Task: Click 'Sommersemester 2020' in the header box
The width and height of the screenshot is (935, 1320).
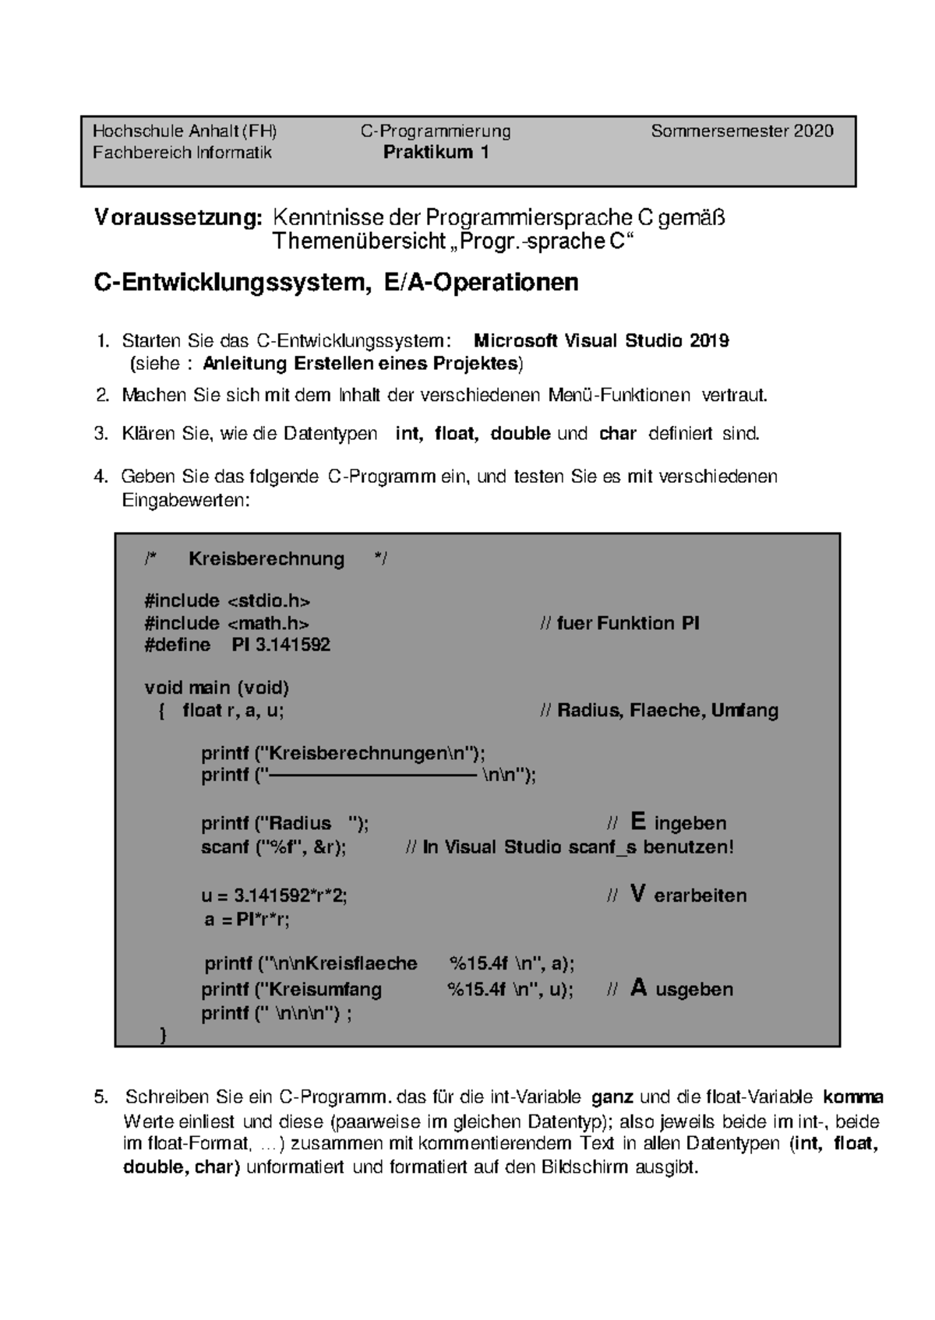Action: click(x=742, y=131)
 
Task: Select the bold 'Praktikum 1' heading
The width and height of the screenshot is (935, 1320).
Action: click(x=436, y=153)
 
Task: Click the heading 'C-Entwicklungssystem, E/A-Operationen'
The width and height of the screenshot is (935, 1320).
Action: click(x=336, y=282)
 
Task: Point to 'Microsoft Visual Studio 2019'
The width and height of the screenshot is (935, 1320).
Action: click(x=602, y=341)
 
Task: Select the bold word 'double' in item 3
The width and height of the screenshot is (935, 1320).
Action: click(x=520, y=434)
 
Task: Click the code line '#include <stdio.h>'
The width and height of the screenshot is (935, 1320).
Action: click(x=228, y=600)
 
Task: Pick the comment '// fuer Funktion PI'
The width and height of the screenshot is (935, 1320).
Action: click(x=619, y=623)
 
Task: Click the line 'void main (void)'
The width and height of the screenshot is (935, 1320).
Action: click(x=217, y=688)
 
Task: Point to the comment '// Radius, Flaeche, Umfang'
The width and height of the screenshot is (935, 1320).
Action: click(x=658, y=710)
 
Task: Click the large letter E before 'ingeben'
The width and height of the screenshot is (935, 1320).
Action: click(x=638, y=822)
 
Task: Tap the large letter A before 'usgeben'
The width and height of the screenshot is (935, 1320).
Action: click(x=639, y=988)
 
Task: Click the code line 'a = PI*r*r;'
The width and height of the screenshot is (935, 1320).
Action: click(x=246, y=920)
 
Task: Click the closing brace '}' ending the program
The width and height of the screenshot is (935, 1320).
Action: click(x=163, y=1035)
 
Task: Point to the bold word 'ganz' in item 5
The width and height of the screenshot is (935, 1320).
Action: click(x=613, y=1098)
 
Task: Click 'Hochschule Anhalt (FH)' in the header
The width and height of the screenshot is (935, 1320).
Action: click(x=185, y=131)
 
